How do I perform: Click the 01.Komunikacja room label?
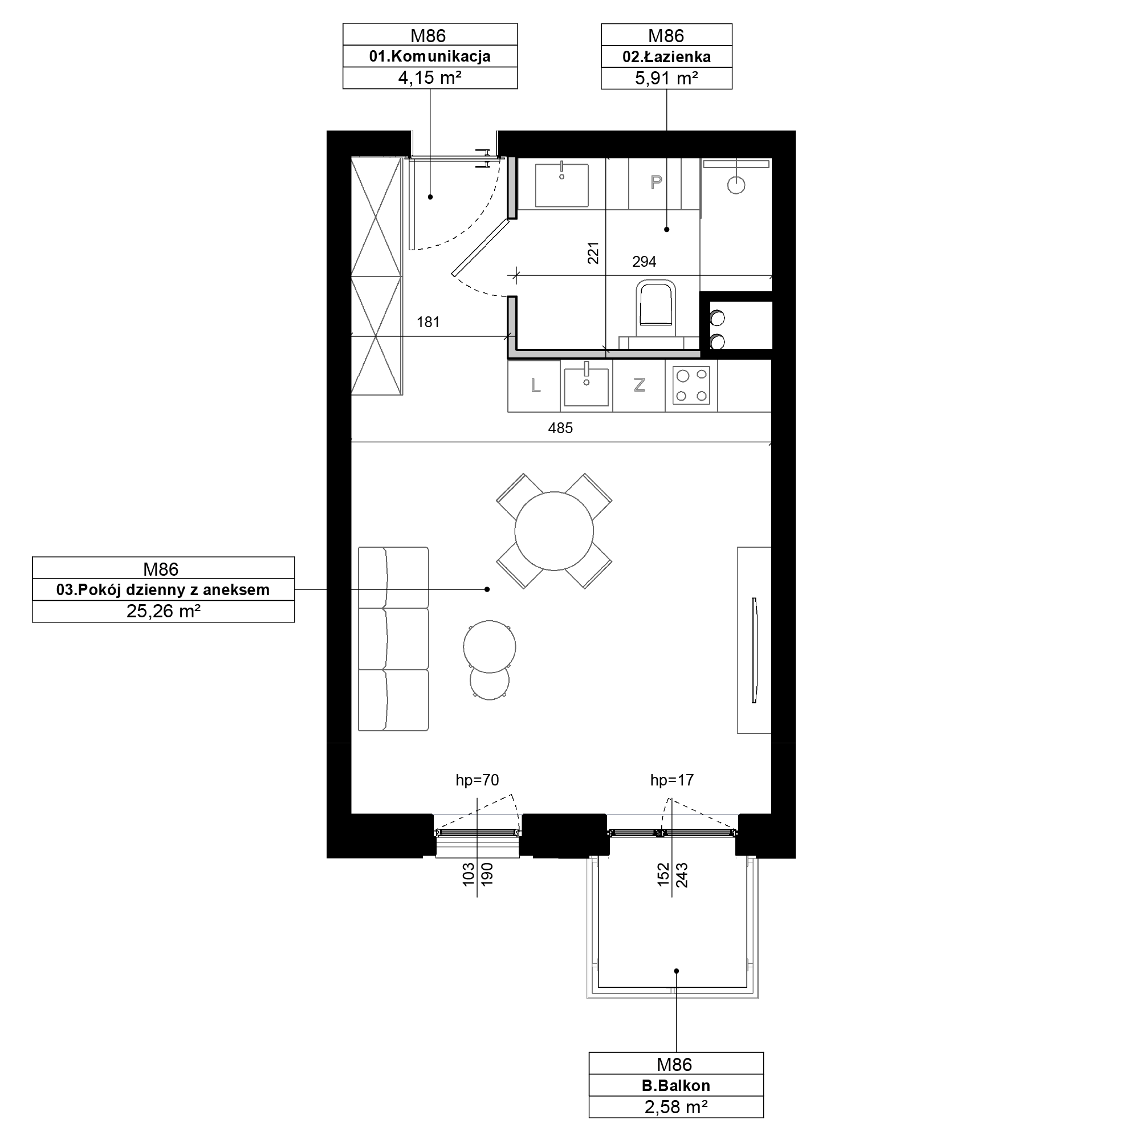[430, 56]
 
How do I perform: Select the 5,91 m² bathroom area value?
[666, 79]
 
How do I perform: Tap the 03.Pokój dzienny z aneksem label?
[163, 590]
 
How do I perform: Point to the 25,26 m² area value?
[164, 611]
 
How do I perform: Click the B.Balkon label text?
[675, 1086]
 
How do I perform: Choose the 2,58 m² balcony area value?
[675, 1107]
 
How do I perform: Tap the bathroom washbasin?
[562, 185]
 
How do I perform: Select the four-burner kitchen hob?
[691, 385]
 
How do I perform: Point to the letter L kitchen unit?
[535, 386]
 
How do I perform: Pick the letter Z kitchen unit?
[639, 385]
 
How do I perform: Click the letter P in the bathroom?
[655, 183]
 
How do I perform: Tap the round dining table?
[554, 531]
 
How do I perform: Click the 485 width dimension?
[560, 429]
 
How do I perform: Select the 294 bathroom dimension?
[644, 262]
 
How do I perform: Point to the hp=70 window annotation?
[477, 780]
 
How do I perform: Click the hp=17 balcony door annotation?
[671, 780]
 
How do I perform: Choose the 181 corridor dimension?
[429, 322]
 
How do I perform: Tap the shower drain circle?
[736, 185]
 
